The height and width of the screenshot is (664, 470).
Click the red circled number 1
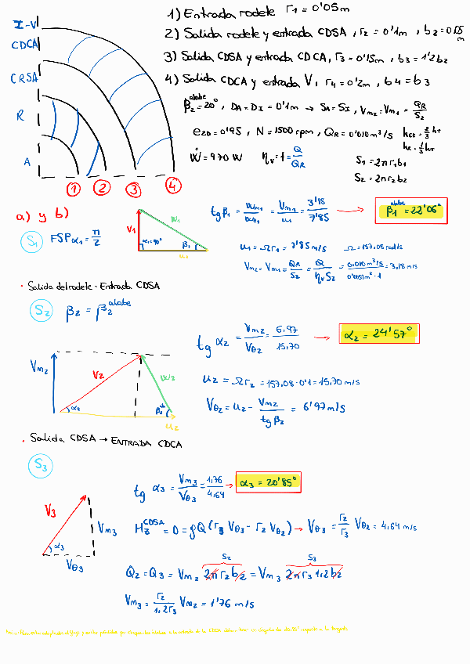coord(74,189)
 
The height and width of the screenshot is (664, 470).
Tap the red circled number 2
coord(102,188)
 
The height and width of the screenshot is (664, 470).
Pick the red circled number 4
coord(172,186)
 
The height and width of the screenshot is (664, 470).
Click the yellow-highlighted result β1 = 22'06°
coord(414,210)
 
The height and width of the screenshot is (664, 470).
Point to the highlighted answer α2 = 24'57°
coord(380,334)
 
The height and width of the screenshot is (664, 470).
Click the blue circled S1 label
coord(32,244)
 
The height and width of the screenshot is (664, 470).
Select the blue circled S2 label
coord(42,312)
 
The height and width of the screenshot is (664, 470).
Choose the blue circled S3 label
coord(41,467)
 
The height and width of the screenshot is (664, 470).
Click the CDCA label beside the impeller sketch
coord(26,45)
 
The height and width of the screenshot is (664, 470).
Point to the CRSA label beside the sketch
coord(24,78)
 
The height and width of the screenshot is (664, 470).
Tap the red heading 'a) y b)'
coord(44,215)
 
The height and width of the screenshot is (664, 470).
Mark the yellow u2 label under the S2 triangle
coord(172,427)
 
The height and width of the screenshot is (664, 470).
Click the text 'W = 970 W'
coord(216,157)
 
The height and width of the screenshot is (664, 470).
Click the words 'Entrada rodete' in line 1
coord(230,13)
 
